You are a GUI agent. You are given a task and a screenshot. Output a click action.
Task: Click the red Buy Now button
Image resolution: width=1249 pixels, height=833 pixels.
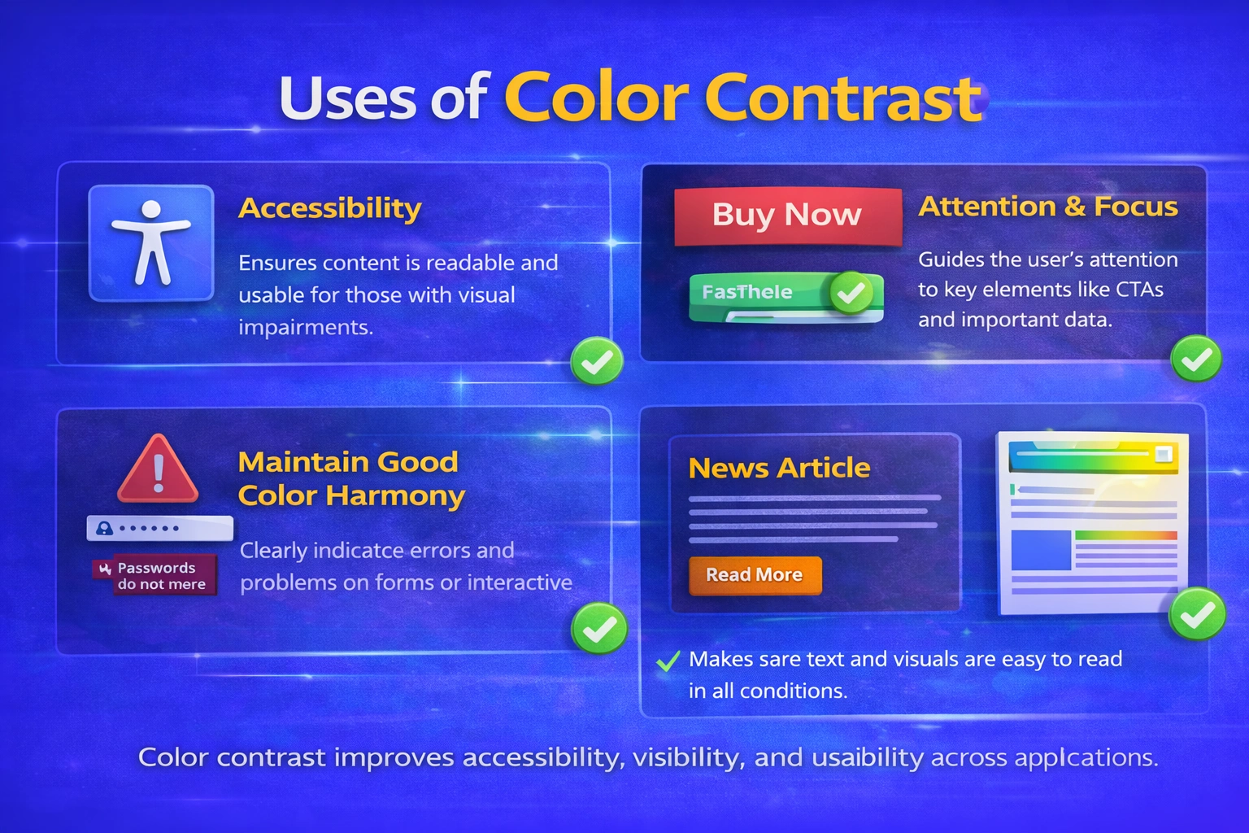787,216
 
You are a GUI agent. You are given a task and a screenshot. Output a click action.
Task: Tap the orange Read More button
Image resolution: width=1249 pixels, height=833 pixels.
755,575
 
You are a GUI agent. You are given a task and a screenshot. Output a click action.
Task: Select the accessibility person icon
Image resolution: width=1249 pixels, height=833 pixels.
151,242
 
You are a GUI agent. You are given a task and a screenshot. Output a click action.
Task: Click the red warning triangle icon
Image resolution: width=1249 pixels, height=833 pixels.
158,470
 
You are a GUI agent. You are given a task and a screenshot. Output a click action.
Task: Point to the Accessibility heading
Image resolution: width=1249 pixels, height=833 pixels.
329,208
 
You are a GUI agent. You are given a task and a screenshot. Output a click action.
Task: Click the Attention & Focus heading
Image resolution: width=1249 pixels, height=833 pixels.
1047,207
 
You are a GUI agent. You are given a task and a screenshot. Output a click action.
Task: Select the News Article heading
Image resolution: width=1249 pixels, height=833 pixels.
779,468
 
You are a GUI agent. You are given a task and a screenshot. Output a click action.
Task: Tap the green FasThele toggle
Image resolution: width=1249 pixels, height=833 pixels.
786,294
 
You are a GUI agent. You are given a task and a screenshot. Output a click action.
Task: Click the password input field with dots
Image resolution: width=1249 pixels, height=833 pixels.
159,528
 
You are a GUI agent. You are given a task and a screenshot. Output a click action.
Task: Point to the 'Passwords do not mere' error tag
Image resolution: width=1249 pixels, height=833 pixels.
155,576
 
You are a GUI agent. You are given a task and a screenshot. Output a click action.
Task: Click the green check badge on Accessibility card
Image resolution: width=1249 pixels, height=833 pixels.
597,361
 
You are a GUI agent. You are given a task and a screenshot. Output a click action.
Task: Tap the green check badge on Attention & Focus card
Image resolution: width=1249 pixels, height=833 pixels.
1195,359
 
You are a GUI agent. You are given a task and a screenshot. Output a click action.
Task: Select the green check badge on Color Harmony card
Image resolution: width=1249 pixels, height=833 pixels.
598,628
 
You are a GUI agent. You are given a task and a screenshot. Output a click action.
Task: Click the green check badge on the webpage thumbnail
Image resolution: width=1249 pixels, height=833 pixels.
1196,615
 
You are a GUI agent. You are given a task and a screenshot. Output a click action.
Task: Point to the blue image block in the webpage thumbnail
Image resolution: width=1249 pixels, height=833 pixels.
1040,550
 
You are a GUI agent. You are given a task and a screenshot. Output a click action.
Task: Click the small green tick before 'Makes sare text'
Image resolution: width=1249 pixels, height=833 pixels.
668,661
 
